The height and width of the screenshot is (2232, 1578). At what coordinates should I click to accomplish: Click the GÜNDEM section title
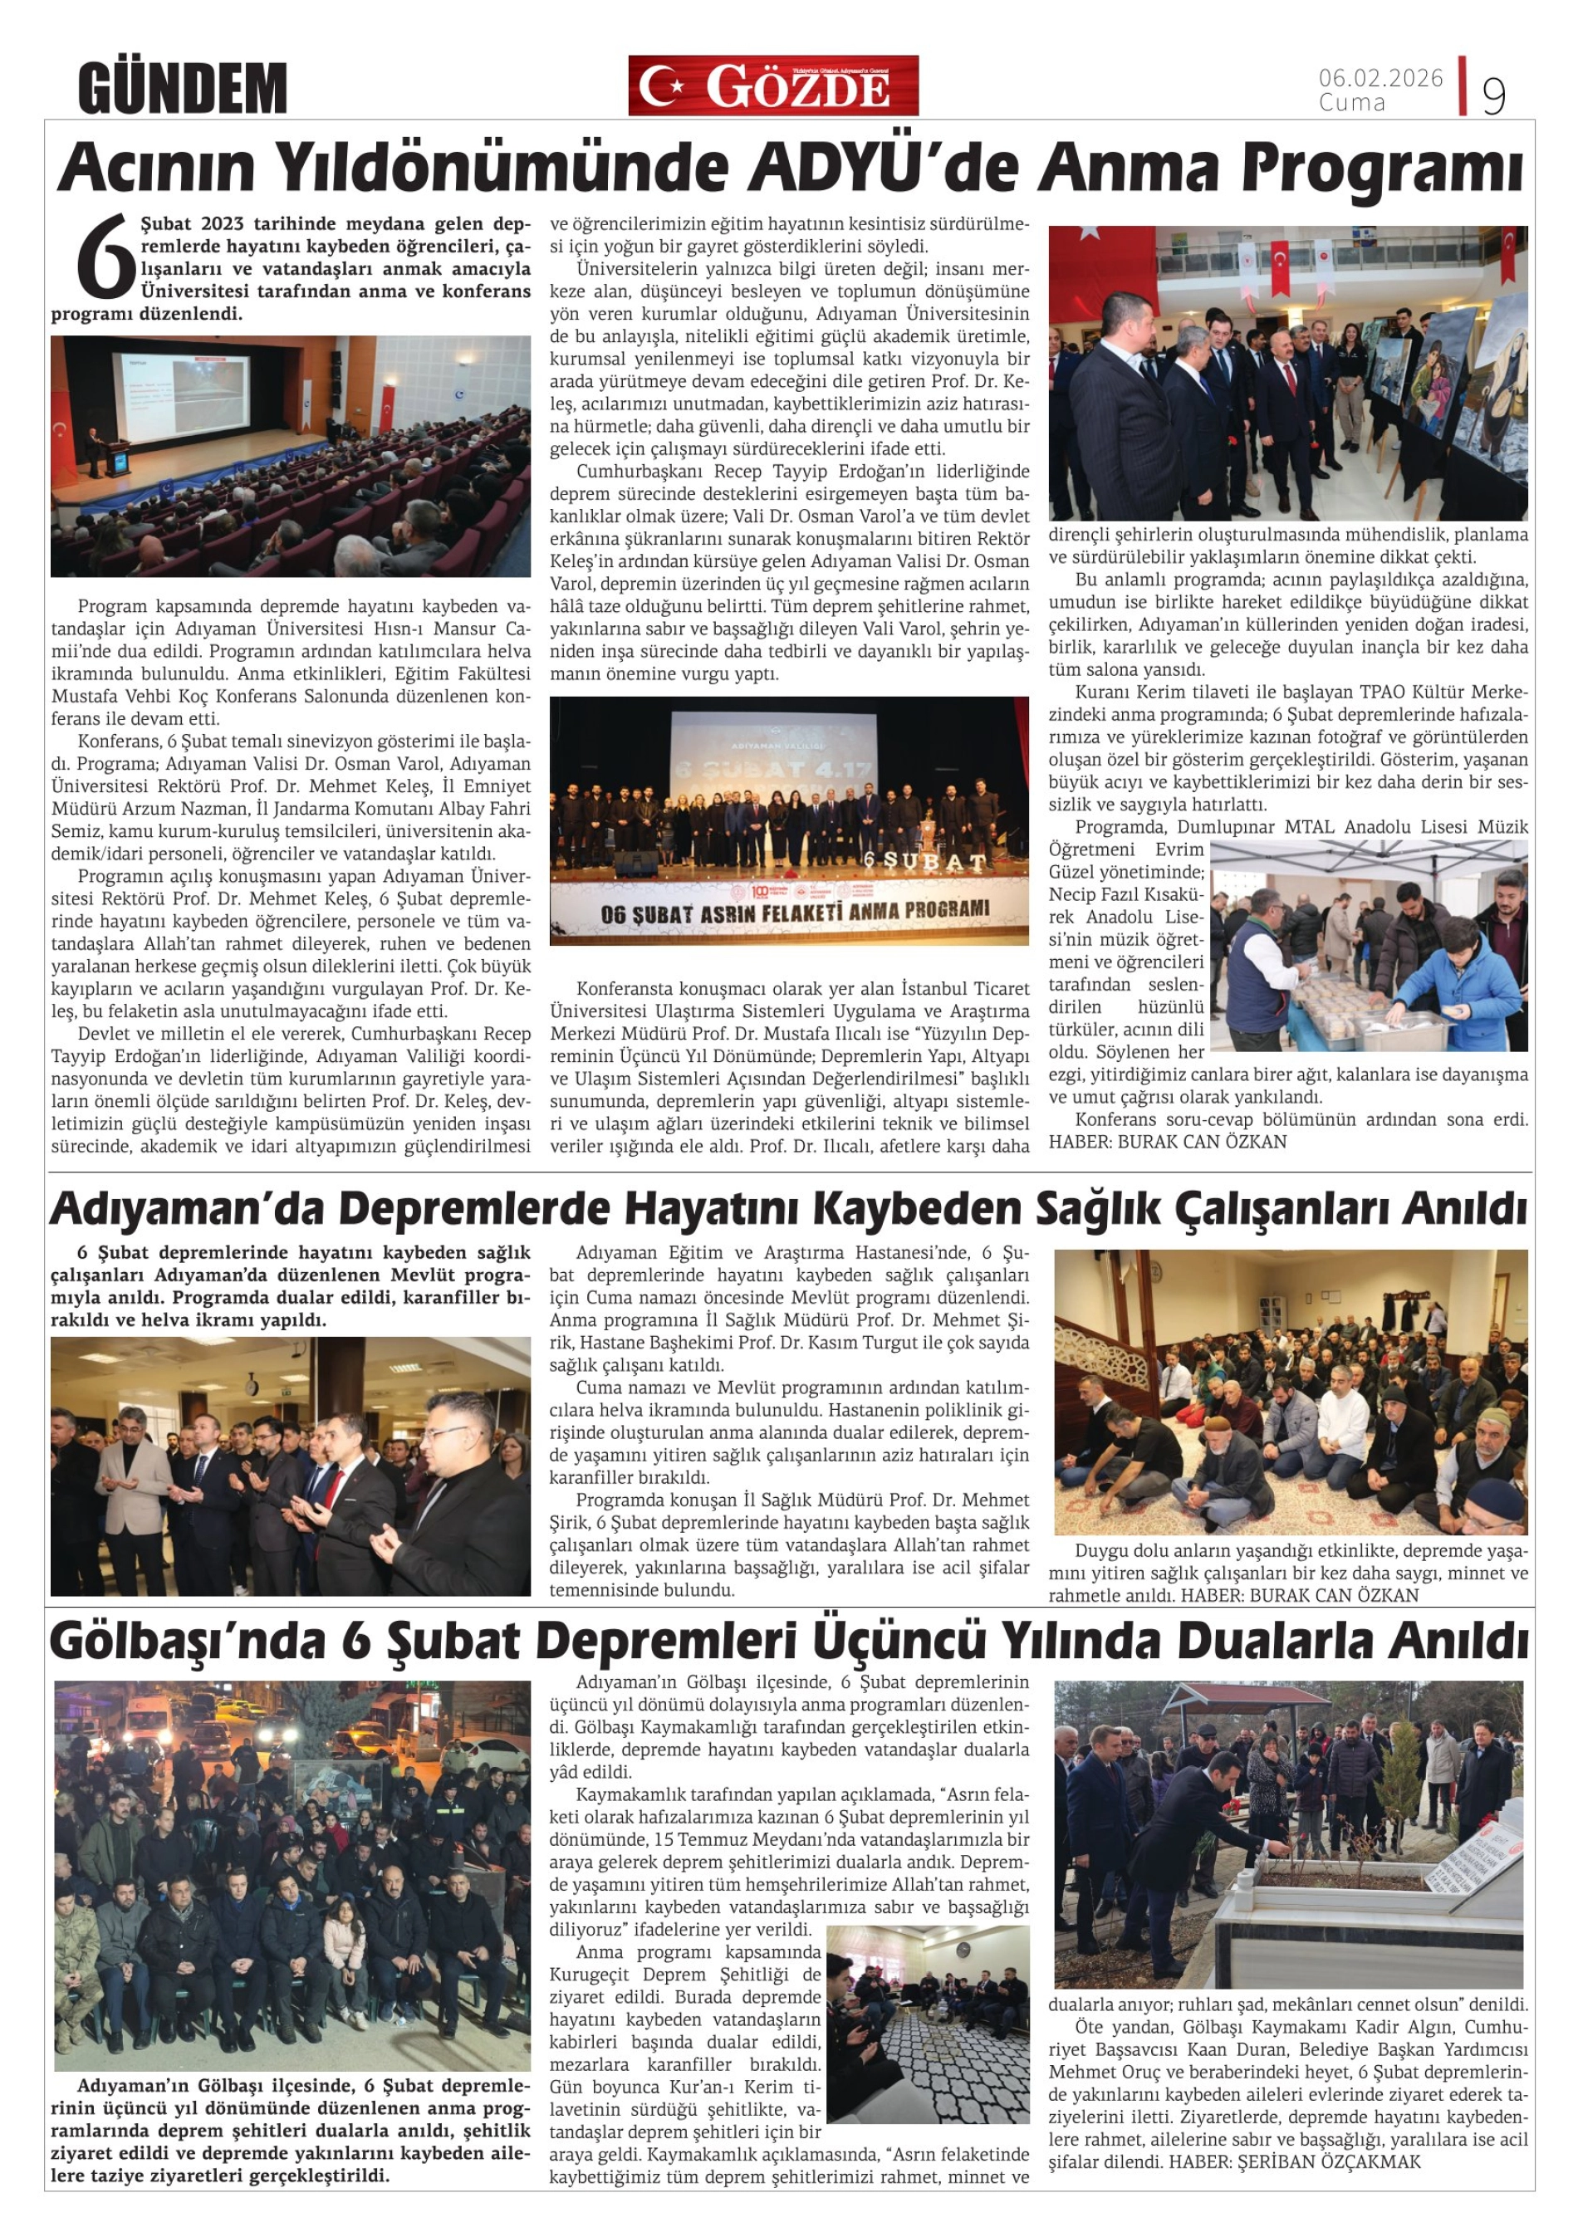click(x=182, y=87)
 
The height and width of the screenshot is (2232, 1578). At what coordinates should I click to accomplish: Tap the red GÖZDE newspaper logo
click(x=773, y=86)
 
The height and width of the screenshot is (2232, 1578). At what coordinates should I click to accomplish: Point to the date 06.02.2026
click(x=1380, y=78)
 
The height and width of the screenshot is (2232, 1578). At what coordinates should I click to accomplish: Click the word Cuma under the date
click(x=1351, y=102)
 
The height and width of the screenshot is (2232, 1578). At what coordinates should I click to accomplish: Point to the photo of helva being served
click(x=1369, y=946)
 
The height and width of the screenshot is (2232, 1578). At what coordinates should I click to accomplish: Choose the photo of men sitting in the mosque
click(x=1290, y=1391)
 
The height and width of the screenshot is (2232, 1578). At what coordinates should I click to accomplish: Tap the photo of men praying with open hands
click(x=291, y=1466)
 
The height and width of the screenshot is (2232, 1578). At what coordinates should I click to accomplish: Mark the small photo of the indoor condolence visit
click(x=928, y=2024)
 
